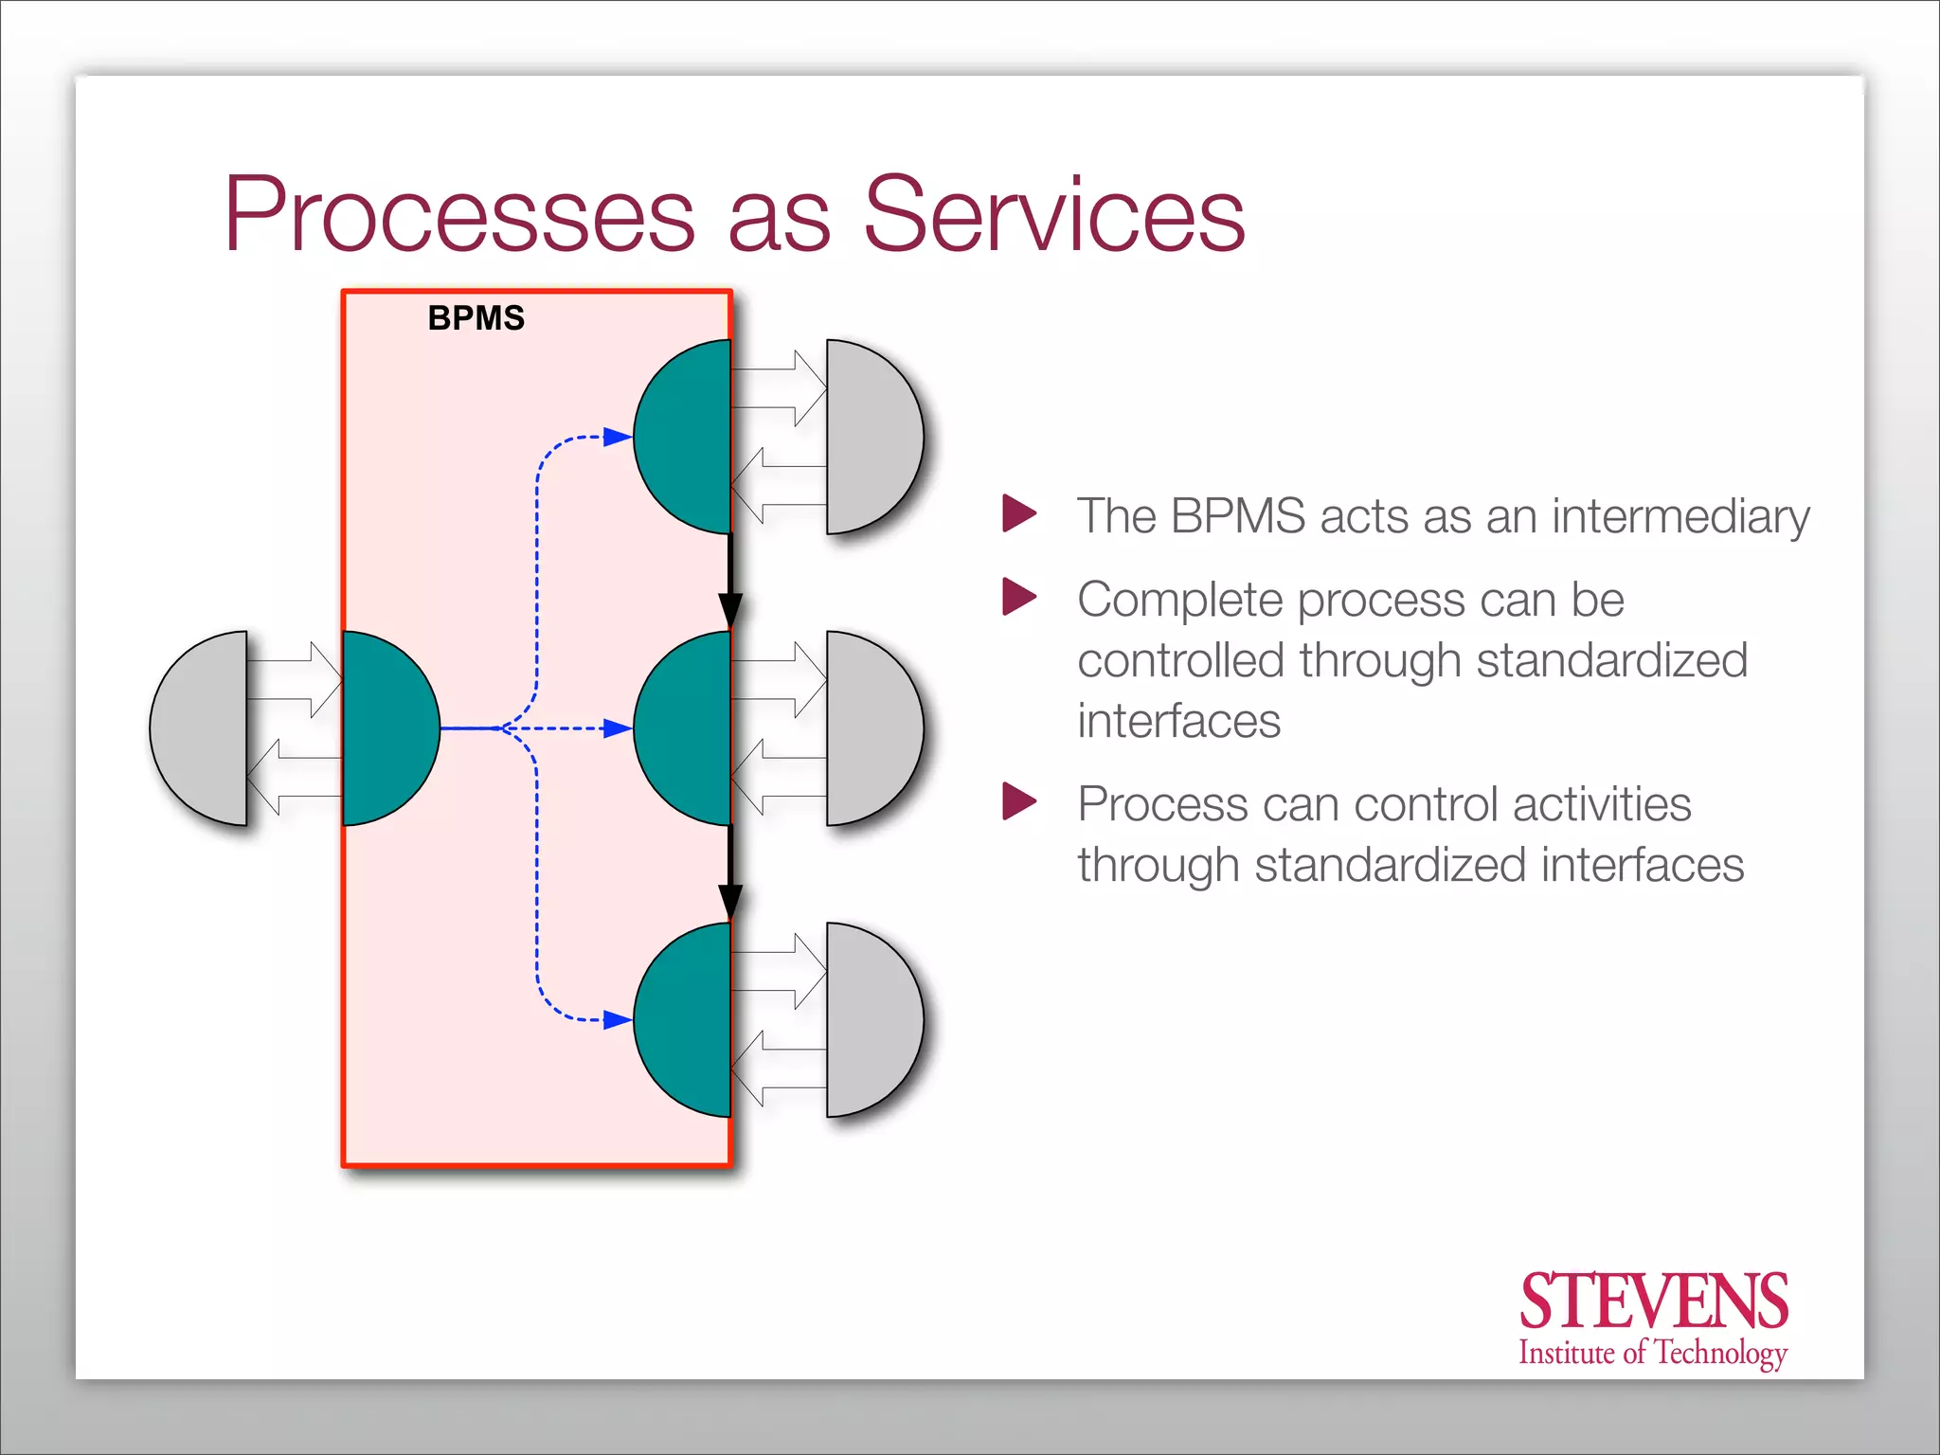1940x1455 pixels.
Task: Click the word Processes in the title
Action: (459, 216)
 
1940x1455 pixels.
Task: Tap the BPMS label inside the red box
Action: (476, 318)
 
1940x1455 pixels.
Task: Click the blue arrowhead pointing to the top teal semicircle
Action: (617, 437)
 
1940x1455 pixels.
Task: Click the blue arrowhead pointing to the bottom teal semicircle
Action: (617, 1019)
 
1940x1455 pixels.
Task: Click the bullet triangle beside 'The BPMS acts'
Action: (1018, 513)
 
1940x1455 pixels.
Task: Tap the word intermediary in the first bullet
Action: (1680, 517)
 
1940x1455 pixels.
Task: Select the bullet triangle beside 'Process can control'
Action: (1018, 801)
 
